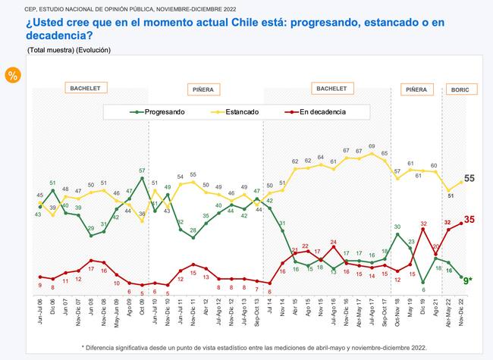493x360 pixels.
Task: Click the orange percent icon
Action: click(x=13, y=75)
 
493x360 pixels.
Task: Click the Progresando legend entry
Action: click(x=159, y=111)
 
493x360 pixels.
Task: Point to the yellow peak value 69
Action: click(x=372, y=146)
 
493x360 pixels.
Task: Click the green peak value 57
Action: click(x=142, y=170)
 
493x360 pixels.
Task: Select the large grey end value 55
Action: click(x=470, y=178)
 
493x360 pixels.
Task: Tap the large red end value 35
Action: click(x=470, y=220)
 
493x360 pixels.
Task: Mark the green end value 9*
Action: click(x=470, y=281)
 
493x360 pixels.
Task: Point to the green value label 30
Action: click(x=397, y=227)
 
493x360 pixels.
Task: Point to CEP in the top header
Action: click(x=11, y=7)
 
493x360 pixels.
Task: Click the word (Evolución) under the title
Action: click(x=93, y=49)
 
